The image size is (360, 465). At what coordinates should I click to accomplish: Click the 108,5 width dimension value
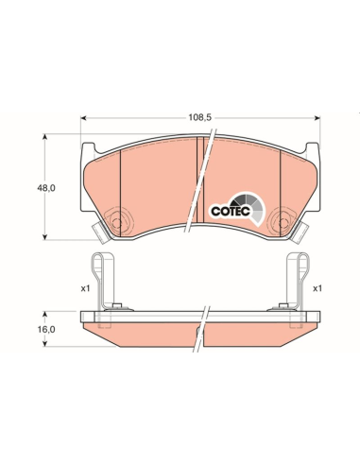199,117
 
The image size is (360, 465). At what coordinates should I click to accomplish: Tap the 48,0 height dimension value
46,188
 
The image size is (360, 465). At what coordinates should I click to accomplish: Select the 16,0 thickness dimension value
46,329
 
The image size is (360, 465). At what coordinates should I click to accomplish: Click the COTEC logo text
231,211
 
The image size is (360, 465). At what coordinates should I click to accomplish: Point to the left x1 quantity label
85,288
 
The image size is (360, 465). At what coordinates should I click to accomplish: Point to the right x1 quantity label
317,288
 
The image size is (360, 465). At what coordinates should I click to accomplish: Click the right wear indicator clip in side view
297,281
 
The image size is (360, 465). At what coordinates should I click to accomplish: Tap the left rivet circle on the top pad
116,223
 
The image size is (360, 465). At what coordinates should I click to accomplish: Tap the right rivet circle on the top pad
283,223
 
